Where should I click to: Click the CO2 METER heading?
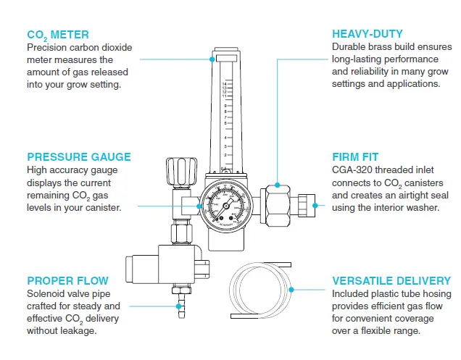coord(58,34)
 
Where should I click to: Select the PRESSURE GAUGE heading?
coord(79,156)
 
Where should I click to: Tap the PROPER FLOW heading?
coord(67,280)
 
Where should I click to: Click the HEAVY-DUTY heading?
coord(367,34)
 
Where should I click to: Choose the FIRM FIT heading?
coord(355,156)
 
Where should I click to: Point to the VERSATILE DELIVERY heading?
coord(391,280)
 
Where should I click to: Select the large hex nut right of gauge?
coord(279,205)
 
